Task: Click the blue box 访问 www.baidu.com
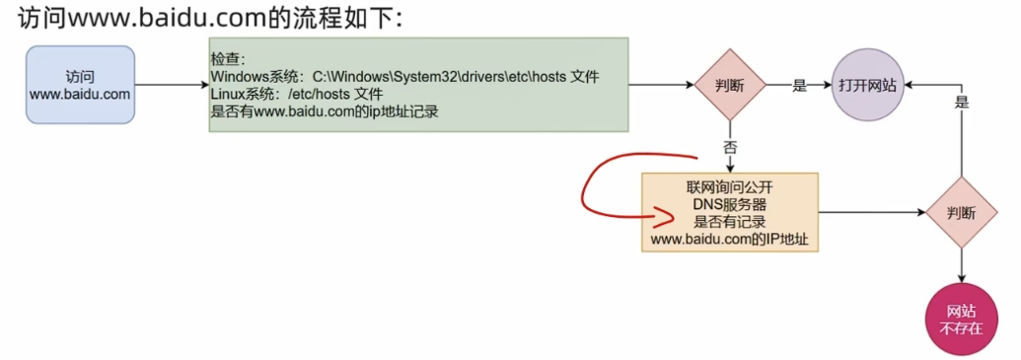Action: coord(80,85)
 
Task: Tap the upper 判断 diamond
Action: coord(730,85)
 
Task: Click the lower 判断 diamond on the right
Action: coord(961,212)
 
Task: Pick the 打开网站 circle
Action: coord(867,85)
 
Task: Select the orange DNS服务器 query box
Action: coord(729,212)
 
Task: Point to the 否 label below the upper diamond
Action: coord(730,146)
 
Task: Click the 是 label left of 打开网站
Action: coord(800,86)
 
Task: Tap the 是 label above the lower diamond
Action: coord(962,102)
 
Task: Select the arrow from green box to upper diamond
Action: coord(661,85)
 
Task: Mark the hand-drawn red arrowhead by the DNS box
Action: coord(639,210)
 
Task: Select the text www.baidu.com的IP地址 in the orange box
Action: coord(729,240)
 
